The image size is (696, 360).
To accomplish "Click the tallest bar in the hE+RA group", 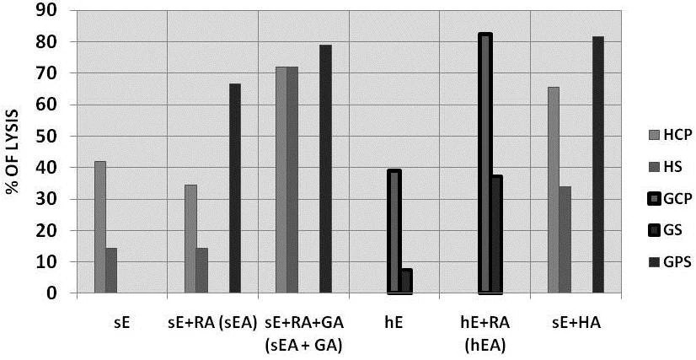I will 485,164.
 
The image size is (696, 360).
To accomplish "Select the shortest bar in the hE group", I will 406,282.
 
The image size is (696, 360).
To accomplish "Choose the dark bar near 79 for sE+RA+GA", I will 325,169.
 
